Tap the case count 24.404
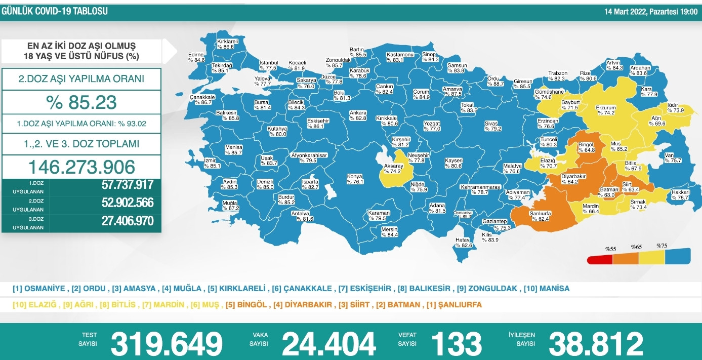click(328, 344)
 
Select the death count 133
click(456, 344)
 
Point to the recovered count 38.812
click(596, 344)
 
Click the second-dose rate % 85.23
click(81, 103)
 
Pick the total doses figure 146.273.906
click(81, 167)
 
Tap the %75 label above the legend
click(663, 246)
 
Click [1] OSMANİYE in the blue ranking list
click(39, 289)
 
